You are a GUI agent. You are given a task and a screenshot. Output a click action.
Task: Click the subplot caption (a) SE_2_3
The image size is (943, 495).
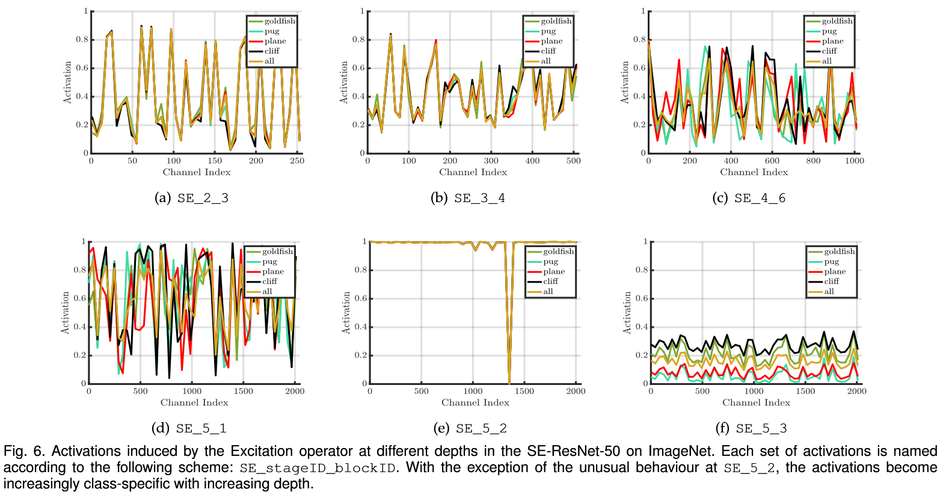click(x=192, y=198)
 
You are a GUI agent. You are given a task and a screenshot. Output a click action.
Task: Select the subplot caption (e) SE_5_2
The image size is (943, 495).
click(x=470, y=428)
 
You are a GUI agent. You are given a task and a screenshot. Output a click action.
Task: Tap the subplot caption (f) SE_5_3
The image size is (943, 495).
click(x=751, y=428)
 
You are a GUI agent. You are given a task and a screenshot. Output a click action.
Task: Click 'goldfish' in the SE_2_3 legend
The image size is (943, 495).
click(x=280, y=21)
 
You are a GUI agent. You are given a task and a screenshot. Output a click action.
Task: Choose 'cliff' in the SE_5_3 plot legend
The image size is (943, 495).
click(x=832, y=281)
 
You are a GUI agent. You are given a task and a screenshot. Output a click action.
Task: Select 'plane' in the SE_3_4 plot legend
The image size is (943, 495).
click(x=551, y=42)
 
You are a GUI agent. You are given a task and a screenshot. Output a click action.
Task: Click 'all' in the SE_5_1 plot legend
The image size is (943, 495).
click(x=267, y=292)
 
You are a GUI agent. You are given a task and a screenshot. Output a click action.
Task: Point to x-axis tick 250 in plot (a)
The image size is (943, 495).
click(x=297, y=161)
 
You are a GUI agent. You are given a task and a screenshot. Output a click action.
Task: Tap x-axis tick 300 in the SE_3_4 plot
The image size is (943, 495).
click(x=491, y=161)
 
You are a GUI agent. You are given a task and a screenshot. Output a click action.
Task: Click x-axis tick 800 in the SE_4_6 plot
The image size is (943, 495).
click(x=813, y=161)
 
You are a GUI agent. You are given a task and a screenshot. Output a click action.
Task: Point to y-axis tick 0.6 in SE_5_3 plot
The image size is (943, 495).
click(x=641, y=298)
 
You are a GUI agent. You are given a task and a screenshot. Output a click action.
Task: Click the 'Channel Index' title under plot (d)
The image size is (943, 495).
click(x=194, y=402)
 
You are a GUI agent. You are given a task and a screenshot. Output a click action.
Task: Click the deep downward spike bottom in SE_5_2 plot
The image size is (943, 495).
click(x=509, y=382)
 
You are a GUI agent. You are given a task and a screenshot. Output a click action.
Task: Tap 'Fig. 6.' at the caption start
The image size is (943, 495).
click(x=22, y=451)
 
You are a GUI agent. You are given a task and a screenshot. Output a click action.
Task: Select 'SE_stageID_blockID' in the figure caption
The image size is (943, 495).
click(x=318, y=468)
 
